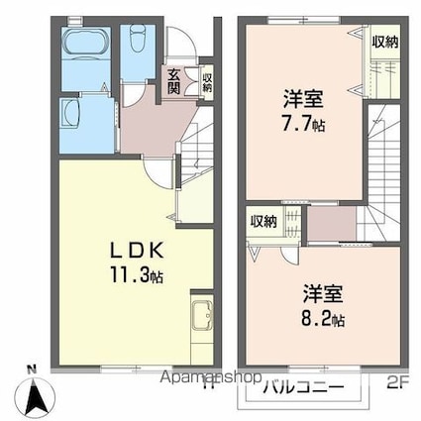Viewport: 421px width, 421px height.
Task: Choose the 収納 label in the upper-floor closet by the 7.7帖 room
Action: pyautogui.click(x=385, y=42)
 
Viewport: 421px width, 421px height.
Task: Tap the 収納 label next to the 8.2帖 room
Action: pyautogui.click(x=263, y=222)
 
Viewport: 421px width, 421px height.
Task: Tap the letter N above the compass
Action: pyautogui.click(x=33, y=370)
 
